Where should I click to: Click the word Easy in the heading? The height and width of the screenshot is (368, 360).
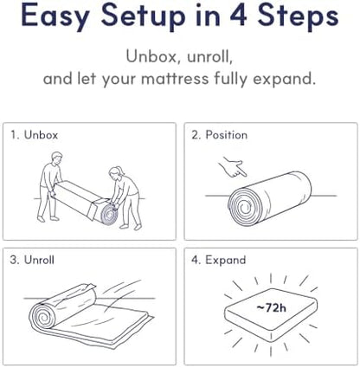click(x=55, y=16)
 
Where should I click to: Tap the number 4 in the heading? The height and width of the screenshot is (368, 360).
click(x=238, y=14)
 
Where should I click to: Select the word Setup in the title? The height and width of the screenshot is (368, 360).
click(x=143, y=16)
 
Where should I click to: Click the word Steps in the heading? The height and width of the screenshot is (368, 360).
click(x=298, y=16)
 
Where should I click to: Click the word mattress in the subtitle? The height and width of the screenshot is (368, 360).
click(x=175, y=78)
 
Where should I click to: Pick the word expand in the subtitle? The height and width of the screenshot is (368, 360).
click(x=284, y=79)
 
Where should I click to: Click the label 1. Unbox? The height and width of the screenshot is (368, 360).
click(x=34, y=135)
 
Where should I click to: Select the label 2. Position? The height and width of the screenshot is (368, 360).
click(x=219, y=135)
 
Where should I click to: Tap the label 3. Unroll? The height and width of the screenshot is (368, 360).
click(x=32, y=260)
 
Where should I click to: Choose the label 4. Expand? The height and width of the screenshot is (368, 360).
click(x=218, y=261)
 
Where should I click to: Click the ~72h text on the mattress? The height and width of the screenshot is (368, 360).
click(x=271, y=307)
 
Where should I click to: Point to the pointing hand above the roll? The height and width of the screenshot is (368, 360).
click(x=233, y=166)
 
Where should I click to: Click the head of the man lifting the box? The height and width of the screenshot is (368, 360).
click(x=56, y=158)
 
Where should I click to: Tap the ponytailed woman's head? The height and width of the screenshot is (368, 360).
click(x=116, y=172)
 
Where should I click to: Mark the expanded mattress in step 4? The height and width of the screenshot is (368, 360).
click(x=271, y=313)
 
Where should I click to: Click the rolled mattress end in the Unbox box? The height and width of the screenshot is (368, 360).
click(x=109, y=214)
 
